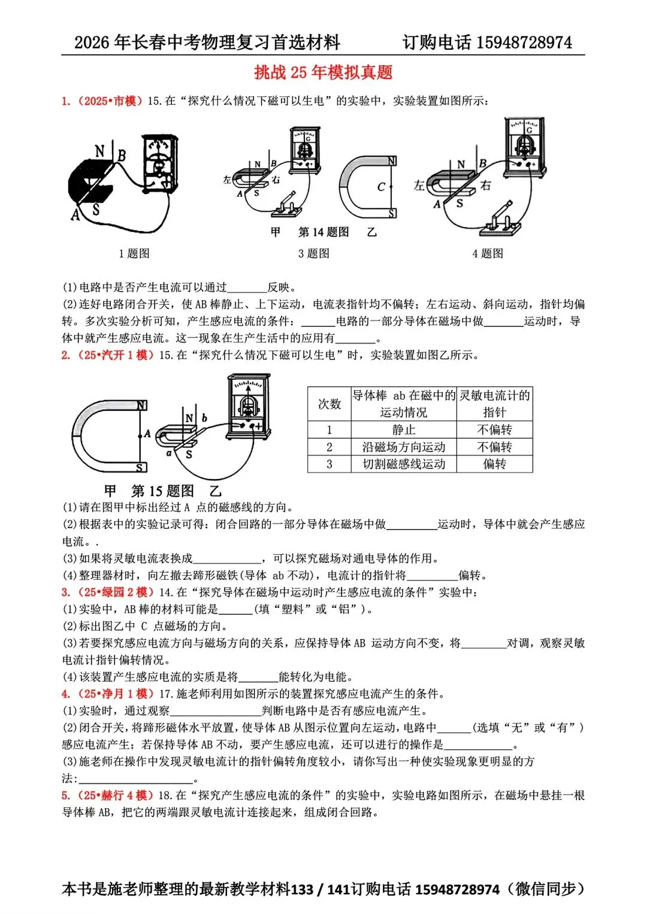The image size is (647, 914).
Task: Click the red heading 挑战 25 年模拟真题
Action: [x=323, y=72]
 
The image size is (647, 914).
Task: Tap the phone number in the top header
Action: [x=524, y=43]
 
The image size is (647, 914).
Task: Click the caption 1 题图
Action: [x=134, y=253]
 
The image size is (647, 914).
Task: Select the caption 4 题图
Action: [x=488, y=253]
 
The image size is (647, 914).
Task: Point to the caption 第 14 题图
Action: [x=323, y=232]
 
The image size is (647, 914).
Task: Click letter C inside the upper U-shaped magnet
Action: [x=381, y=187]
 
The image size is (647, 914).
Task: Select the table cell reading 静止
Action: [x=403, y=429]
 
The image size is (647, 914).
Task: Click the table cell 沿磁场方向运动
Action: [x=403, y=447]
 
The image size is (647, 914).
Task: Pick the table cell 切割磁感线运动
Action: [x=403, y=464]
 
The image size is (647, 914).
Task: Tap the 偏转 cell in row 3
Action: [x=494, y=464]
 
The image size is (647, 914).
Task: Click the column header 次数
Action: [x=329, y=404]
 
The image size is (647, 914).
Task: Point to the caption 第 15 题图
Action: [x=163, y=491]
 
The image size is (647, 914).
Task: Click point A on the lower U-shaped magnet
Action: [x=147, y=434]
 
